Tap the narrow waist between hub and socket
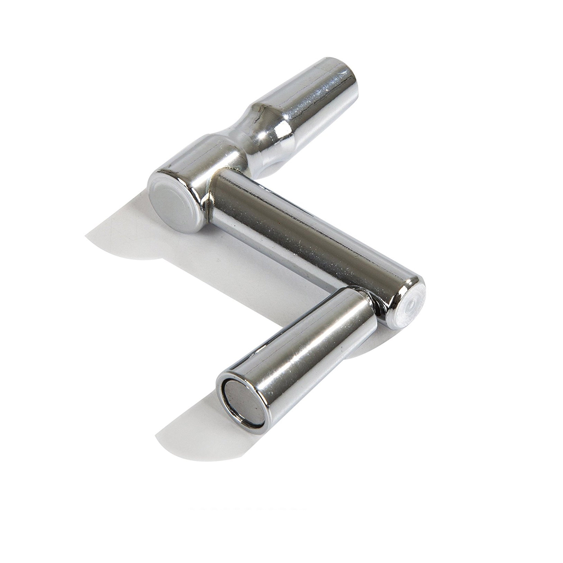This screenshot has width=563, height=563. point(236,144)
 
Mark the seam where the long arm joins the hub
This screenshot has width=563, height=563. point(211,197)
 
